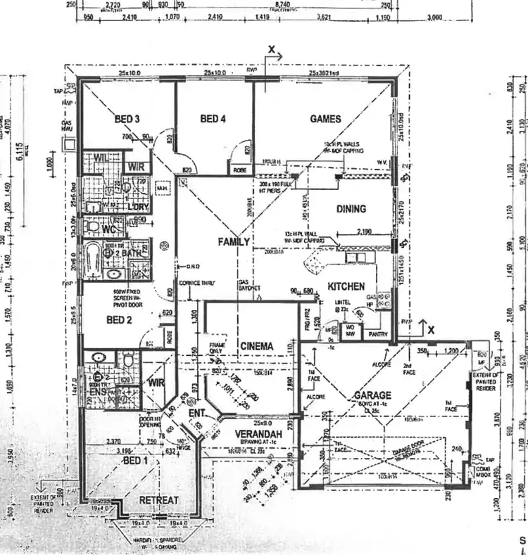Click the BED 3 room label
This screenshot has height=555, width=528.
[x=127, y=120]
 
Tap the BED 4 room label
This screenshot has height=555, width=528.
[x=213, y=120]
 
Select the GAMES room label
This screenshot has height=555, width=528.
[x=325, y=120]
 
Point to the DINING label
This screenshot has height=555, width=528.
[x=351, y=209]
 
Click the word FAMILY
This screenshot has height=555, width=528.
[x=234, y=242]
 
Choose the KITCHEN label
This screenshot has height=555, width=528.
[x=346, y=286]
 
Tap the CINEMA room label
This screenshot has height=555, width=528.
[x=256, y=346]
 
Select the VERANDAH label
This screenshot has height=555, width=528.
[x=256, y=435]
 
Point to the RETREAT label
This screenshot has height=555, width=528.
[x=159, y=500]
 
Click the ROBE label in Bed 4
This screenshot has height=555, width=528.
[x=238, y=170]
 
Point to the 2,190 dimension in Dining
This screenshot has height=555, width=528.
[x=364, y=231]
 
